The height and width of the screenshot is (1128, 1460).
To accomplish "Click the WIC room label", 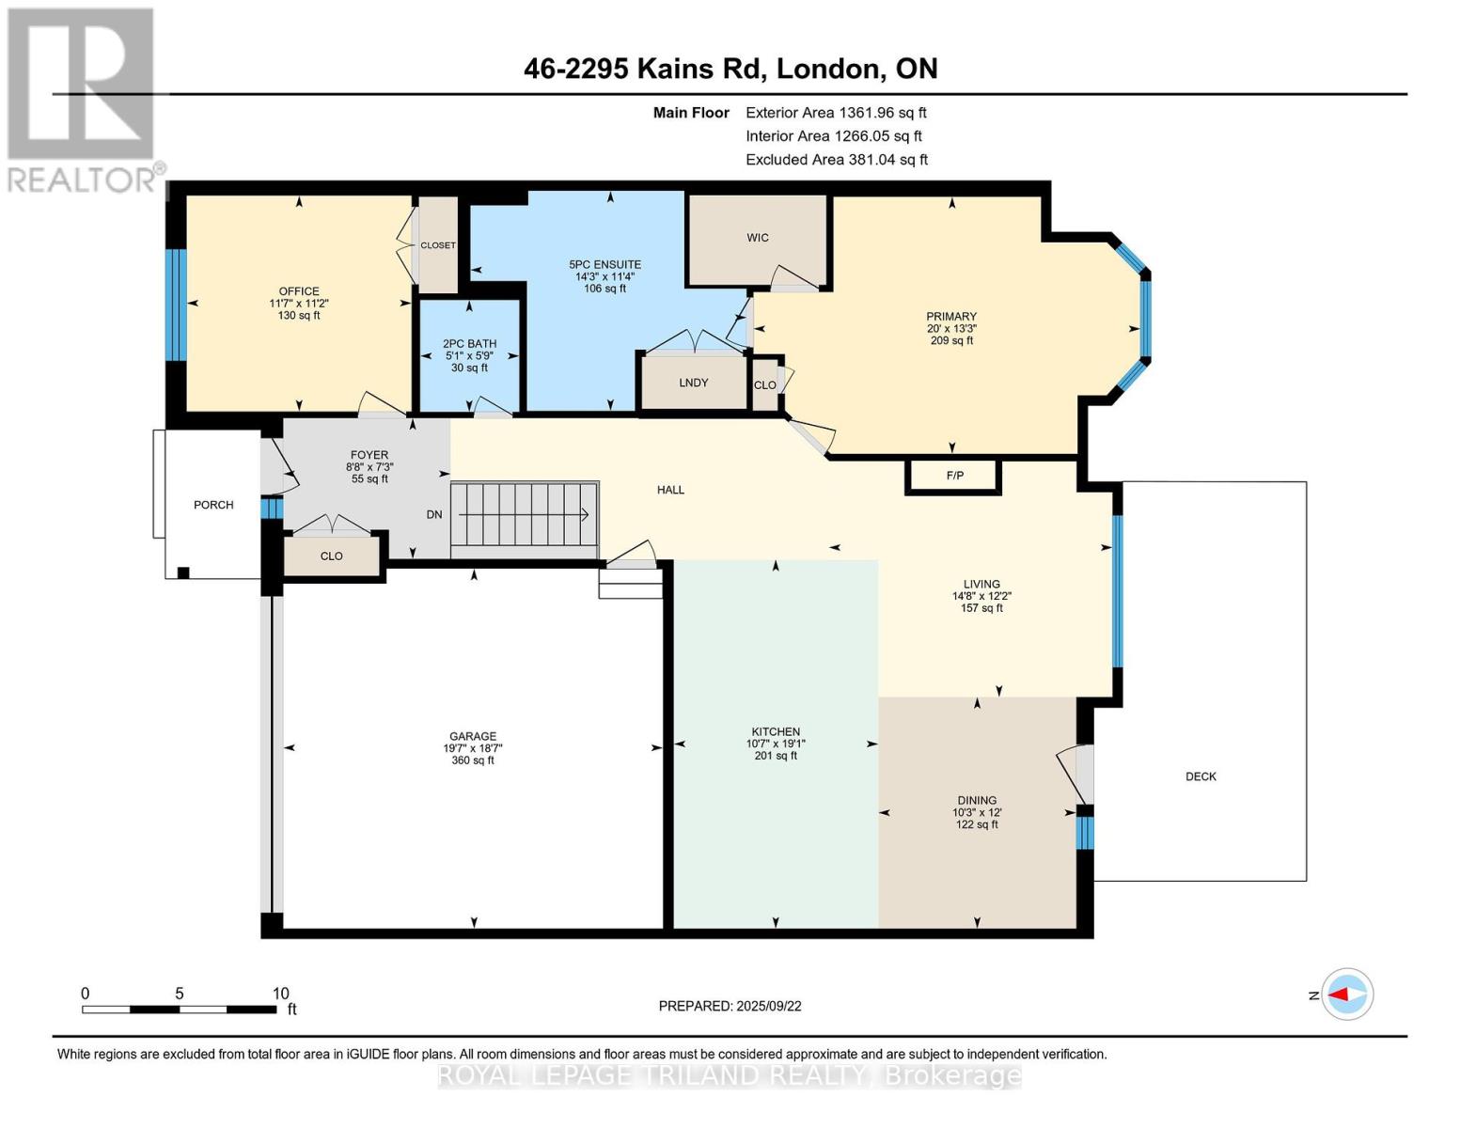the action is (757, 238).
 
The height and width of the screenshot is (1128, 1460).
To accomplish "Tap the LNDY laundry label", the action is (694, 383).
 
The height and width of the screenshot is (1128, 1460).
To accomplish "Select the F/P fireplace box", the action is (953, 476).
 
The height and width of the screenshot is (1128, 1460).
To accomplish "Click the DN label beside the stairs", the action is (434, 514).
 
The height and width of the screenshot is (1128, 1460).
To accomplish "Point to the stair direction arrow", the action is (524, 515).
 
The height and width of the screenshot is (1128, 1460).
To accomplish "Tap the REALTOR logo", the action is (83, 101).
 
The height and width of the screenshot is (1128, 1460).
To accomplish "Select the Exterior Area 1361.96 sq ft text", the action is (836, 113).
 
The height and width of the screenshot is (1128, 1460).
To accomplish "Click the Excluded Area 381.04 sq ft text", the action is (837, 160).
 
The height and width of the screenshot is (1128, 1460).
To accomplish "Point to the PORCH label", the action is (213, 505).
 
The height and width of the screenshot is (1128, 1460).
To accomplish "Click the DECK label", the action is (1201, 776).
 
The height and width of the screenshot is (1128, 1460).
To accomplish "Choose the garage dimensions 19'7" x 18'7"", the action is (473, 748).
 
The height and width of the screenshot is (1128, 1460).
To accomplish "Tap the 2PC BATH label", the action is (470, 344).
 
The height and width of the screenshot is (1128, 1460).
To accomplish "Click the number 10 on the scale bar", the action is (281, 994).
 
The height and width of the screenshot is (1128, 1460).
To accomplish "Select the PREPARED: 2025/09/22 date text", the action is (730, 1007).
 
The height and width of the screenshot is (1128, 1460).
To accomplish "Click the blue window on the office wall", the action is (176, 305).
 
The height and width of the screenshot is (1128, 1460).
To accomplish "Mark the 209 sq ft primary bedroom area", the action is (951, 340).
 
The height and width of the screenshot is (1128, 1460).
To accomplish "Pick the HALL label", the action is (670, 491).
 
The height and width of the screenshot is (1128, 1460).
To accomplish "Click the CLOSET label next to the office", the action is (438, 246).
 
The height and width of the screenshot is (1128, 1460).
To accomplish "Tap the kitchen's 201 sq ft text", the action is (776, 756).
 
